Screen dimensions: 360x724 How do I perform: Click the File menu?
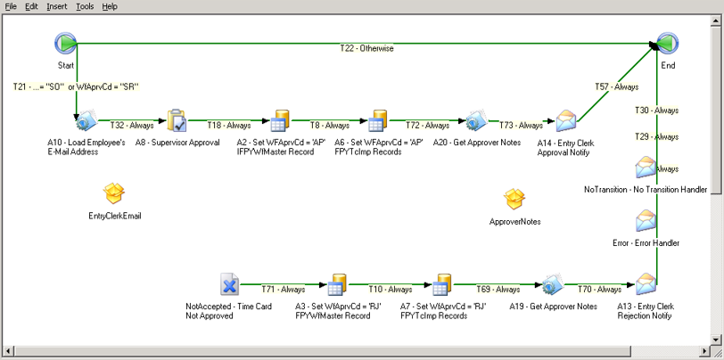click(x=12, y=6)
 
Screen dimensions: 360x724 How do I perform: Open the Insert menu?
click(x=56, y=6)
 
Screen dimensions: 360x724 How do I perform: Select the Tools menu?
click(x=85, y=6)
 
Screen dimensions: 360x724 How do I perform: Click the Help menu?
click(x=110, y=6)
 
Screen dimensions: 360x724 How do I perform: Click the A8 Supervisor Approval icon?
click(x=177, y=121)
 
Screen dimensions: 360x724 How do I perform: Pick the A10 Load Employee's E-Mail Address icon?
click(x=86, y=121)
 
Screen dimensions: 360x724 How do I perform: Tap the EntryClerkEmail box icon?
click(x=114, y=193)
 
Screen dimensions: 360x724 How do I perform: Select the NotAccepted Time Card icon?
click(x=229, y=285)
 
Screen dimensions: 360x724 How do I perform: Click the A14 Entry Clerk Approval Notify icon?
click(x=566, y=121)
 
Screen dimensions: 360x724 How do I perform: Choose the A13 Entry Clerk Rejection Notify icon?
click(x=646, y=285)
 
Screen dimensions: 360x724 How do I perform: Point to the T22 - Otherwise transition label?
click(x=366, y=48)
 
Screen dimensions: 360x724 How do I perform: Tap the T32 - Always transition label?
click(x=132, y=126)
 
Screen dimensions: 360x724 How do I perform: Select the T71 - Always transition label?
click(x=283, y=290)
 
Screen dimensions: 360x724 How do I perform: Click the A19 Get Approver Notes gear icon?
click(x=553, y=285)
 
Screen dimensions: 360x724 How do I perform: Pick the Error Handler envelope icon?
click(x=646, y=221)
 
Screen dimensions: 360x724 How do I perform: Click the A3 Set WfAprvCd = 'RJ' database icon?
click(x=336, y=285)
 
